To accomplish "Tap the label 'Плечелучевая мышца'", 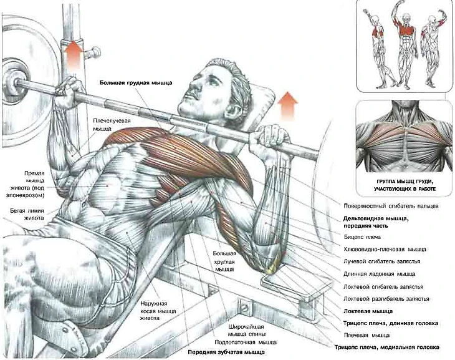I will coord(102,124).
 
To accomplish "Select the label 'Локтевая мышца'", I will coord(368,311).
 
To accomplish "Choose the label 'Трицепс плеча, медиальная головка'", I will coord(386,347).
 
